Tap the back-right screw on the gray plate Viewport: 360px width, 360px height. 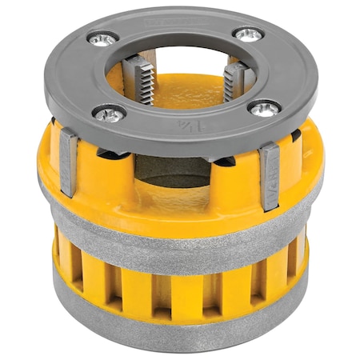(x=248, y=34)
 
